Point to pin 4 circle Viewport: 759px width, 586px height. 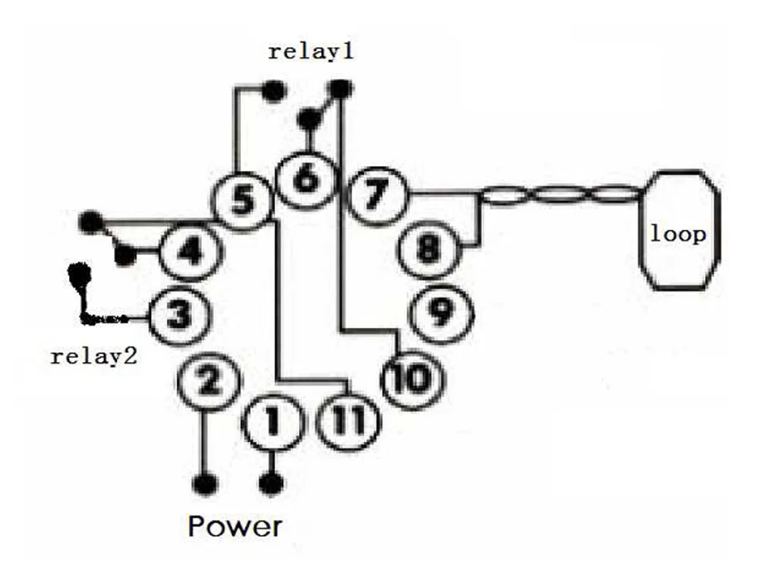[190, 250]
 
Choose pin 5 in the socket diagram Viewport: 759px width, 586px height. [241, 202]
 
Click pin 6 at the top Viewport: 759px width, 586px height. [307, 181]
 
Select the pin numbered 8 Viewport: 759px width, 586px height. [429, 248]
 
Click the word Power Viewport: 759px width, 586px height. [235, 526]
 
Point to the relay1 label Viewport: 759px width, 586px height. [311, 52]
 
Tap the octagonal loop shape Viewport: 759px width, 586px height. [678, 229]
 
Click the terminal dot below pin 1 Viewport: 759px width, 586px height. [272, 483]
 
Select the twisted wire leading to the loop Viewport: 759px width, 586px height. [562, 197]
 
